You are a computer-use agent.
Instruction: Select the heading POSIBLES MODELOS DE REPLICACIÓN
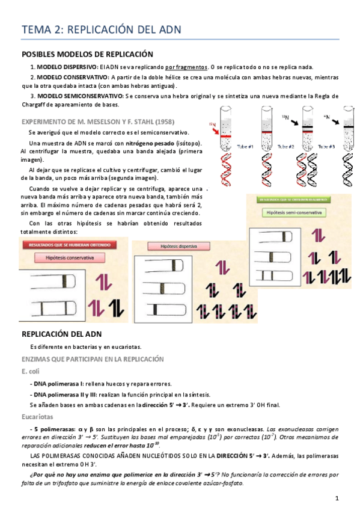click(x=87, y=54)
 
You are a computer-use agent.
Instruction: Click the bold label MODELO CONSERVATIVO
click(x=72, y=78)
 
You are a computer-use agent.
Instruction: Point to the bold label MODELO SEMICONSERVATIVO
click(x=80, y=96)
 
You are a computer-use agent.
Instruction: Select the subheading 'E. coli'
click(x=31, y=371)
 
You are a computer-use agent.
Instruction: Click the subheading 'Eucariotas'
click(x=37, y=416)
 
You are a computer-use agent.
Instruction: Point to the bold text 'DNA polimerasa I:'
click(x=59, y=384)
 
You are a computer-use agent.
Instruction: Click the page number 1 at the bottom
click(x=337, y=499)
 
